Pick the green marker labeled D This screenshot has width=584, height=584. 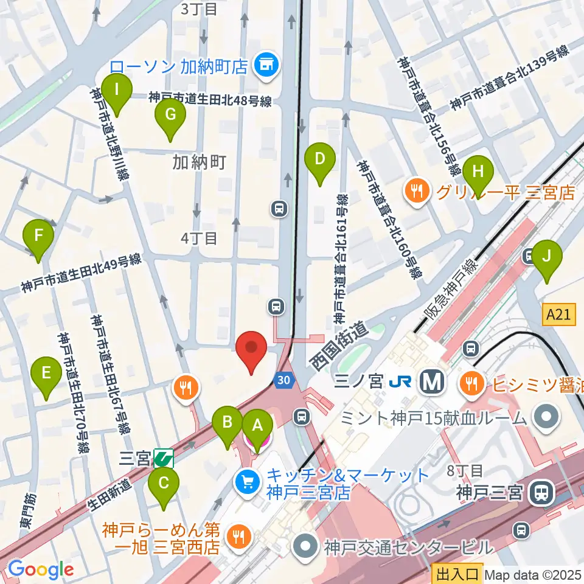coord(321,161)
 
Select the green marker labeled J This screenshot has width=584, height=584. coord(547,259)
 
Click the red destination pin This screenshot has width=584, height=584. coord(251,350)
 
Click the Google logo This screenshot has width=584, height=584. coord(41,569)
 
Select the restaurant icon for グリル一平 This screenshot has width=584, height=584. coord(417,193)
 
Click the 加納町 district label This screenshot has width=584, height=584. coord(200,162)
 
